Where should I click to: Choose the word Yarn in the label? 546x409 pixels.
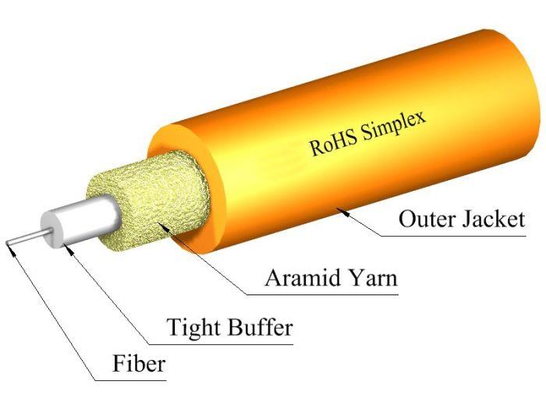coord(370,279)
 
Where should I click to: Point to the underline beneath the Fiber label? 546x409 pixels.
coord(133,380)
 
